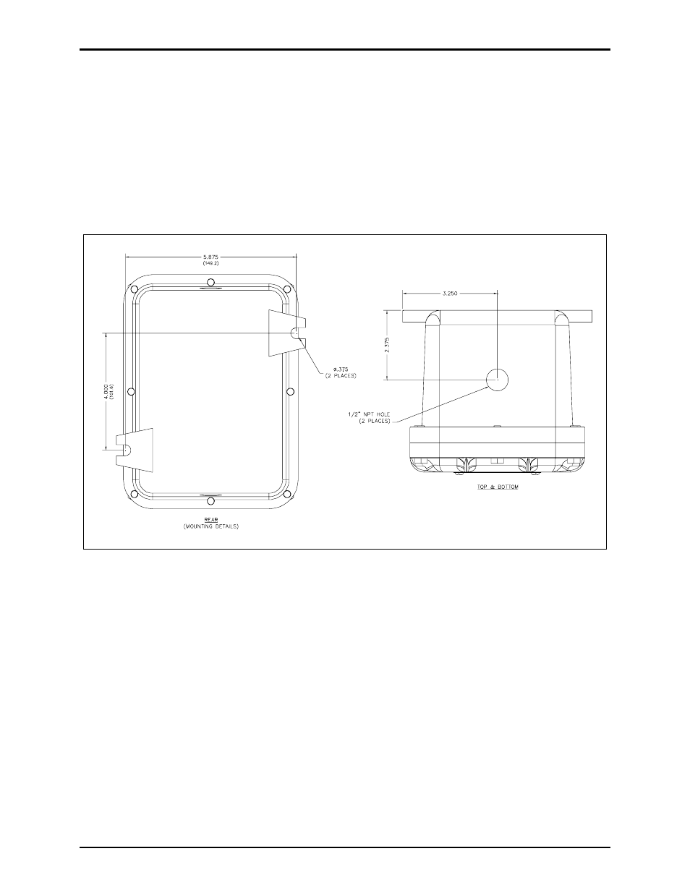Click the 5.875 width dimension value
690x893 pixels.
click(x=210, y=257)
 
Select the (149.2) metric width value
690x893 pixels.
click(x=210, y=263)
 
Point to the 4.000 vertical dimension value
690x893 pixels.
click(x=106, y=390)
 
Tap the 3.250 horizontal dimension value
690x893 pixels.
click(x=450, y=294)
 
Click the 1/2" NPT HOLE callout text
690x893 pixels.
click(x=369, y=417)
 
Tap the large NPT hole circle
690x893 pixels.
click(x=497, y=378)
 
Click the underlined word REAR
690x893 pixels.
click(x=210, y=520)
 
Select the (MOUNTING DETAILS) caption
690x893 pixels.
click(x=210, y=526)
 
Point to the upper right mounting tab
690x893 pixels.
click(x=284, y=333)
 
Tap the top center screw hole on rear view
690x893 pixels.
click(x=210, y=282)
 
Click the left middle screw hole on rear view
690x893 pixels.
click(x=132, y=391)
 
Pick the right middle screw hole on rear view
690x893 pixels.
click(x=290, y=391)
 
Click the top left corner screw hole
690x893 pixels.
click(x=134, y=289)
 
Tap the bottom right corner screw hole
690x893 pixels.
click(x=288, y=494)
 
